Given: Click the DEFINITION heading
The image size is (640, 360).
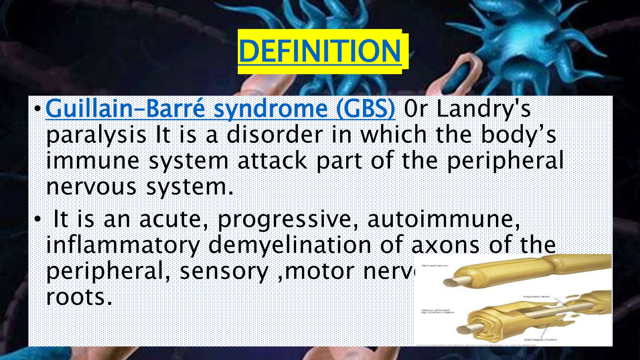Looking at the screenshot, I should (320, 51).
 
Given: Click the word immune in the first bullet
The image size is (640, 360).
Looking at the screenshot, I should (92, 160).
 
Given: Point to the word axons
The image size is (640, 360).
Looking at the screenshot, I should (445, 245).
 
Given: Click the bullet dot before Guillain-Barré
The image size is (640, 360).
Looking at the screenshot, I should (37, 109).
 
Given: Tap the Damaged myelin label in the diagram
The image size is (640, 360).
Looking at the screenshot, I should (540, 339).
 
